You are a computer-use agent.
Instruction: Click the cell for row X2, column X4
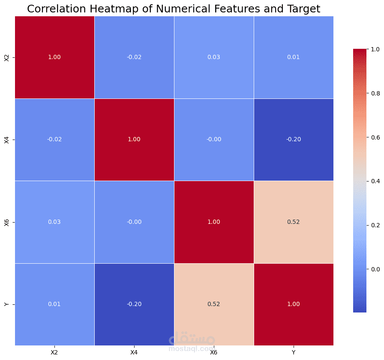tap(134, 57)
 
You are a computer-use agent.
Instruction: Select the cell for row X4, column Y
tap(294, 140)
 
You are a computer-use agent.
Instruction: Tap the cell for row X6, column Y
tap(294, 222)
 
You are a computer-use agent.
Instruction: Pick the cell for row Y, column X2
tap(54, 304)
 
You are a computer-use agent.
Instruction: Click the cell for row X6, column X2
tap(54, 222)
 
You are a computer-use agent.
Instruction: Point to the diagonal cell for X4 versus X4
tap(134, 140)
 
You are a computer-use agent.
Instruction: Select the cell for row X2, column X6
tap(214, 57)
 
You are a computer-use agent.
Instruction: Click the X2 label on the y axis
tap(6, 58)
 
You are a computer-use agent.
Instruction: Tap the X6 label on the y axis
tap(6, 223)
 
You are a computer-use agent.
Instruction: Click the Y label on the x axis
tap(294, 352)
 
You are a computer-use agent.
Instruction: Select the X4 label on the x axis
tap(134, 352)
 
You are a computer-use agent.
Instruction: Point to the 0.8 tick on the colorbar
tap(375, 93)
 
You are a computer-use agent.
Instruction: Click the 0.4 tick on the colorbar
tap(375, 181)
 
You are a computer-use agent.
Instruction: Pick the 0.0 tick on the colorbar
tap(375, 269)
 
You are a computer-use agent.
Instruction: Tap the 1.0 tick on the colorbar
tap(375, 49)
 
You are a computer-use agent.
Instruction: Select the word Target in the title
tap(303, 9)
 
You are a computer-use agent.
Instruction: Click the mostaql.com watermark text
tap(192, 348)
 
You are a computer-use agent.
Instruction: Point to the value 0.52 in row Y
tap(213, 304)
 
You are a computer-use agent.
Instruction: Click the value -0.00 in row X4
tap(214, 140)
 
